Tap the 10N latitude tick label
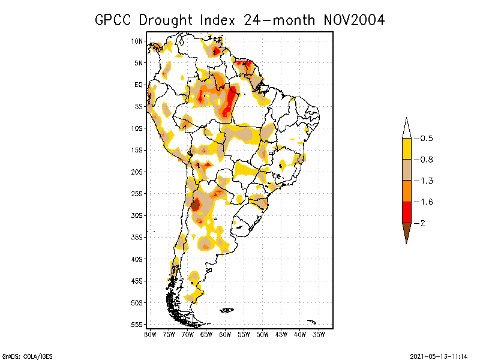(137, 41)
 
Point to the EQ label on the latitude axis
(139, 85)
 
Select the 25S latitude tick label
(137, 193)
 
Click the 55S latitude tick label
(137, 324)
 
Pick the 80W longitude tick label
(149, 334)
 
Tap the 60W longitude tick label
(225, 334)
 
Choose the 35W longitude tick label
(319, 334)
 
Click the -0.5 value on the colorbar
(427, 139)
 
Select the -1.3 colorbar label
(427, 181)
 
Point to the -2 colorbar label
(424, 223)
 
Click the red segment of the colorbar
(407, 212)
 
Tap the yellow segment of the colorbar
(407, 149)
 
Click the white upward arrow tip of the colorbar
(407, 128)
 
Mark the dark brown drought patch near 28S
(195, 204)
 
